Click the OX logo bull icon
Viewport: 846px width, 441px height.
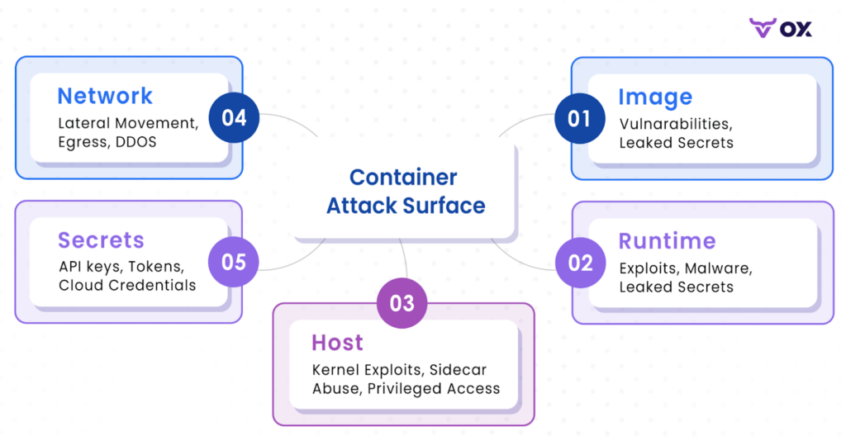point(763,28)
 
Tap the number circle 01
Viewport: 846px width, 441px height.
point(580,119)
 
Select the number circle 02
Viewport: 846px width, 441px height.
point(581,263)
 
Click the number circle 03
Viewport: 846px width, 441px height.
point(402,303)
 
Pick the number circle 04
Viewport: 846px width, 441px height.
point(234,117)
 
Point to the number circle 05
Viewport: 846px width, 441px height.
point(234,262)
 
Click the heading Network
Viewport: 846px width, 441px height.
point(105,96)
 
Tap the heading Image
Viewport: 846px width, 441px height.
point(655,97)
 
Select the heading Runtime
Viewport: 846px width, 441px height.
point(668,241)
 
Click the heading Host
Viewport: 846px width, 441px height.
point(338,343)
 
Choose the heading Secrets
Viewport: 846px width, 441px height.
point(102,240)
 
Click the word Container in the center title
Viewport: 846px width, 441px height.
point(403,178)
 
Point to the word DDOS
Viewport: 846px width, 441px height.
point(136,142)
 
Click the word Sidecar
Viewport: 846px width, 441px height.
point(458,370)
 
